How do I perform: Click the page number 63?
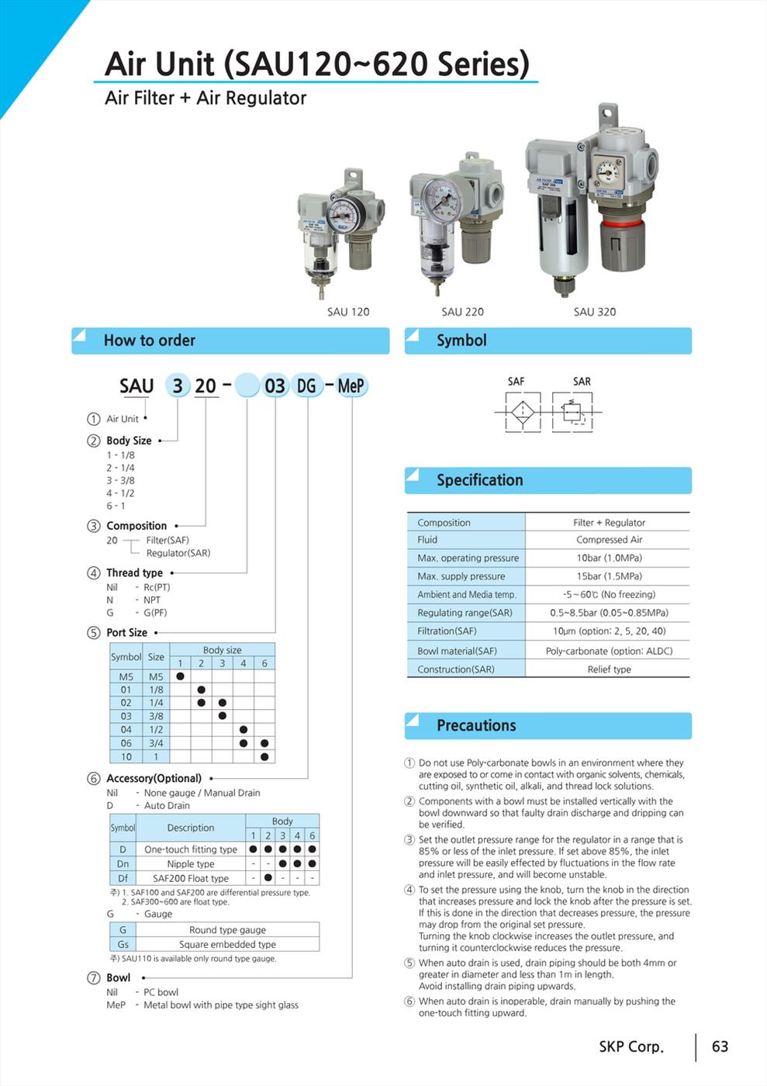[x=720, y=1046]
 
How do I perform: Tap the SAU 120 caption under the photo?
[x=348, y=312]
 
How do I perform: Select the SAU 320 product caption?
[x=595, y=312]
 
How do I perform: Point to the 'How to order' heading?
[x=150, y=341]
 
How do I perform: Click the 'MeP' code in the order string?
[x=351, y=386]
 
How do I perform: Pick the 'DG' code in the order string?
[x=306, y=386]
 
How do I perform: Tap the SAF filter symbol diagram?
[x=523, y=410]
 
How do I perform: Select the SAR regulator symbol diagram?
[x=573, y=410]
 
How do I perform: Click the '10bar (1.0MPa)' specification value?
[x=609, y=558]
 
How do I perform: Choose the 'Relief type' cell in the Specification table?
[x=609, y=669]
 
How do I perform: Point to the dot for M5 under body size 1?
[x=180, y=676]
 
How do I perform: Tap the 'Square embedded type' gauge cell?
[x=227, y=944]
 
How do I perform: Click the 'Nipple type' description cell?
[x=191, y=864]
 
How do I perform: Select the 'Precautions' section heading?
[x=476, y=726]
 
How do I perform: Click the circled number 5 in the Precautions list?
[x=409, y=963]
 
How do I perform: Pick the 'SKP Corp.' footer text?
[x=631, y=1046]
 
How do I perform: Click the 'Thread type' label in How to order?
[x=134, y=573]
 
